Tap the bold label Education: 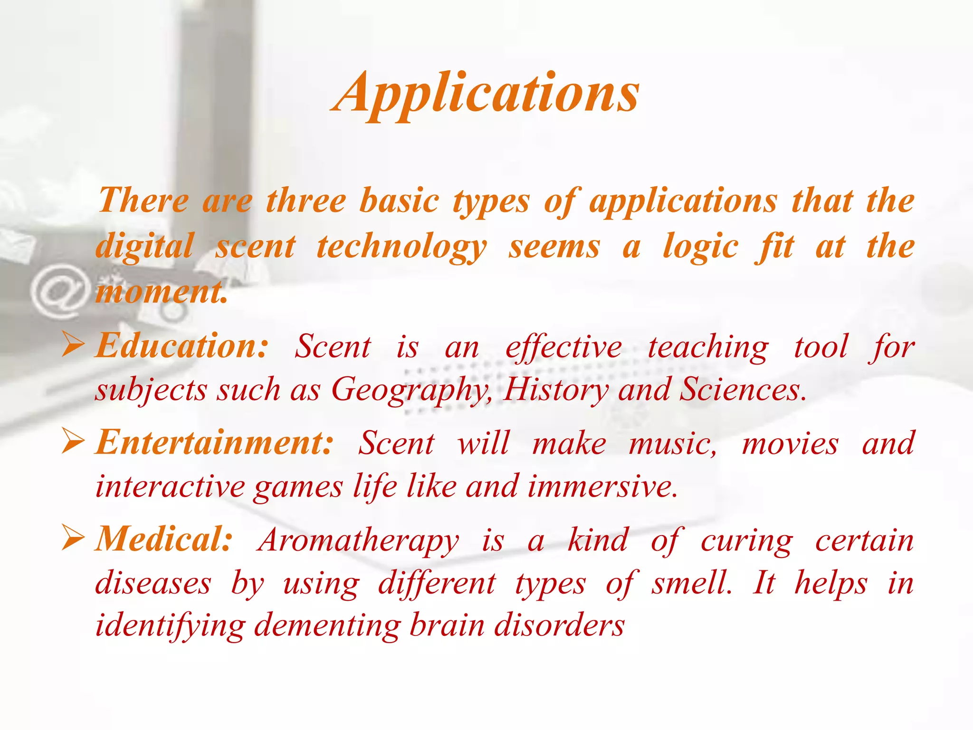(182, 346)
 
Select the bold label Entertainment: (214, 443)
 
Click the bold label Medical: (164, 540)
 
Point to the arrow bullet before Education (73, 346)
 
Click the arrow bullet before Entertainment (73, 442)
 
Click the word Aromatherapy (358, 541)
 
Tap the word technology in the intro (402, 247)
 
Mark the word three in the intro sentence (305, 201)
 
